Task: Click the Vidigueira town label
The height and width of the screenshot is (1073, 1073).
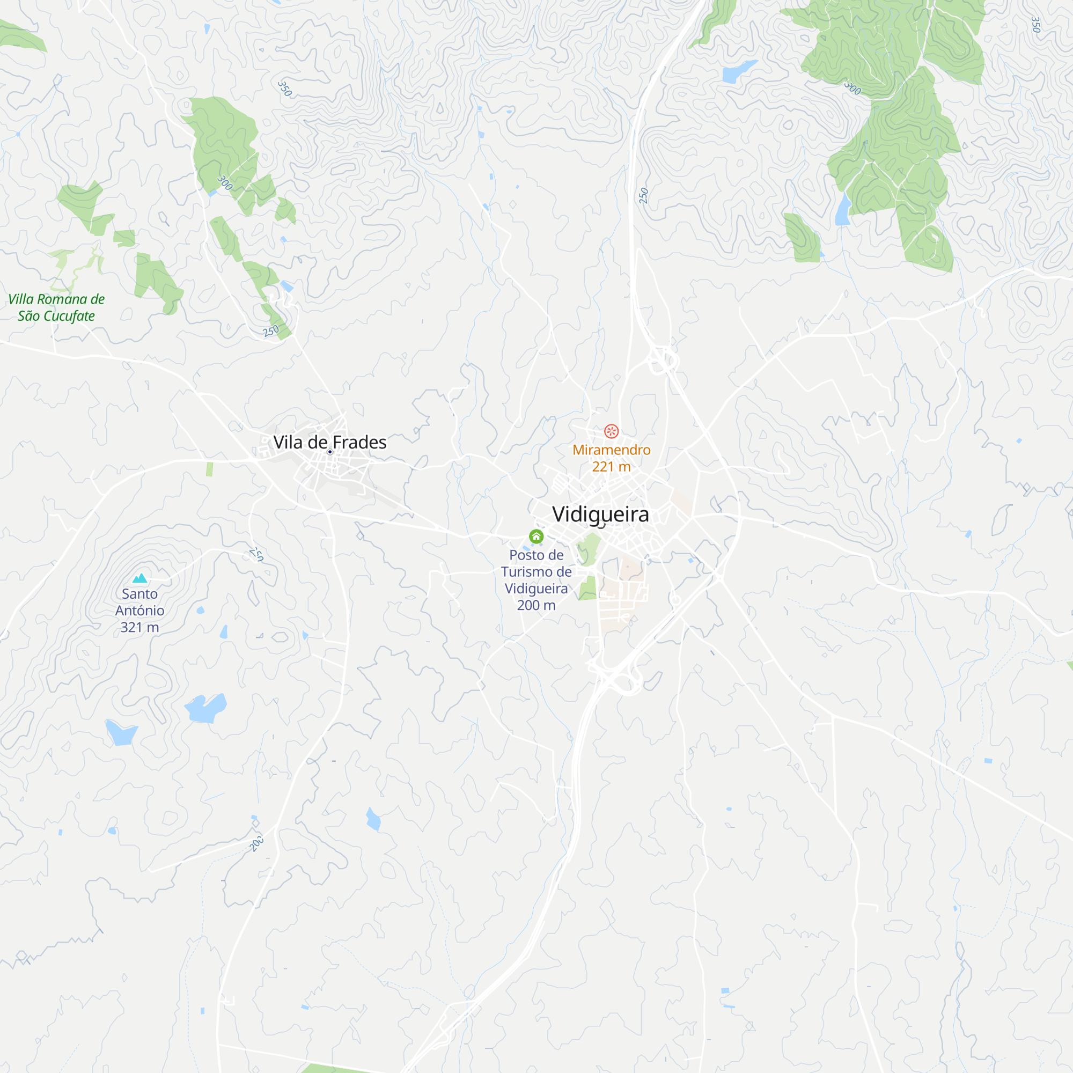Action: coord(600,515)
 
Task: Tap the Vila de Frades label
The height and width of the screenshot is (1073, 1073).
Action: coord(330,442)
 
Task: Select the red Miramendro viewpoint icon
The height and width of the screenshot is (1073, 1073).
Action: coord(611,431)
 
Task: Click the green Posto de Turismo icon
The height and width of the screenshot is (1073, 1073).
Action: coord(536,536)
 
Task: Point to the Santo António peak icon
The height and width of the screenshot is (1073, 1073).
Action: coord(140,578)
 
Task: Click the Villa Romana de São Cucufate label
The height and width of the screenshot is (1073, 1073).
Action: coord(56,307)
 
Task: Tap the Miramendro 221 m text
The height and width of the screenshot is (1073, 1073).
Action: coord(611,458)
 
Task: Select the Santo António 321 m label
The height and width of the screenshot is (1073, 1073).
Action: coord(140,611)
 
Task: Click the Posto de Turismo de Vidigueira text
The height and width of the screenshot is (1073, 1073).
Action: coord(536,580)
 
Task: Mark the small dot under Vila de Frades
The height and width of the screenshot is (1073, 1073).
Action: coord(330,452)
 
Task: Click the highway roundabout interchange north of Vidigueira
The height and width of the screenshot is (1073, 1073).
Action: coord(663,361)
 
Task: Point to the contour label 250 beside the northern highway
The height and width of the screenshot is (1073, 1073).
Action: coord(644,195)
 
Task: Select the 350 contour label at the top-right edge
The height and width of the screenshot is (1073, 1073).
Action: coord(1035,25)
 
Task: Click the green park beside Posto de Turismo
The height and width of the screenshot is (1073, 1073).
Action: coord(589,548)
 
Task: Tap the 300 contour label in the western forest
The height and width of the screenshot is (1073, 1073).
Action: coord(224,182)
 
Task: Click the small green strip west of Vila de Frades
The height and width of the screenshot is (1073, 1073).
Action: coord(209,469)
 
